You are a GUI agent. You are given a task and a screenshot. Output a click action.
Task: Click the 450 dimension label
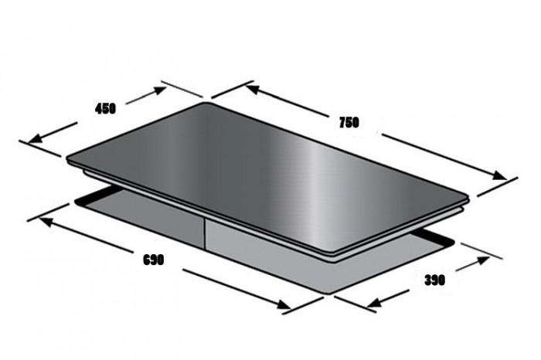pyautogui.click(x=105, y=109)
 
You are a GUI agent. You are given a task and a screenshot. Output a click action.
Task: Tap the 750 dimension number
pyautogui.click(x=349, y=122)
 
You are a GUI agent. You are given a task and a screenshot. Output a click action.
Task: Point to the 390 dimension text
pyautogui.click(x=435, y=280)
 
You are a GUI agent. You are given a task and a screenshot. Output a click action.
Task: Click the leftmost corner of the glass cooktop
pyautogui.click(x=68, y=161)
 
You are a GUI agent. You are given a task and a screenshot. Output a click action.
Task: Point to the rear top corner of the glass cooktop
pyautogui.click(x=205, y=104)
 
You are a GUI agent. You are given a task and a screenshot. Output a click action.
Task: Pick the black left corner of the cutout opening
pyautogui.click(x=77, y=202)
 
